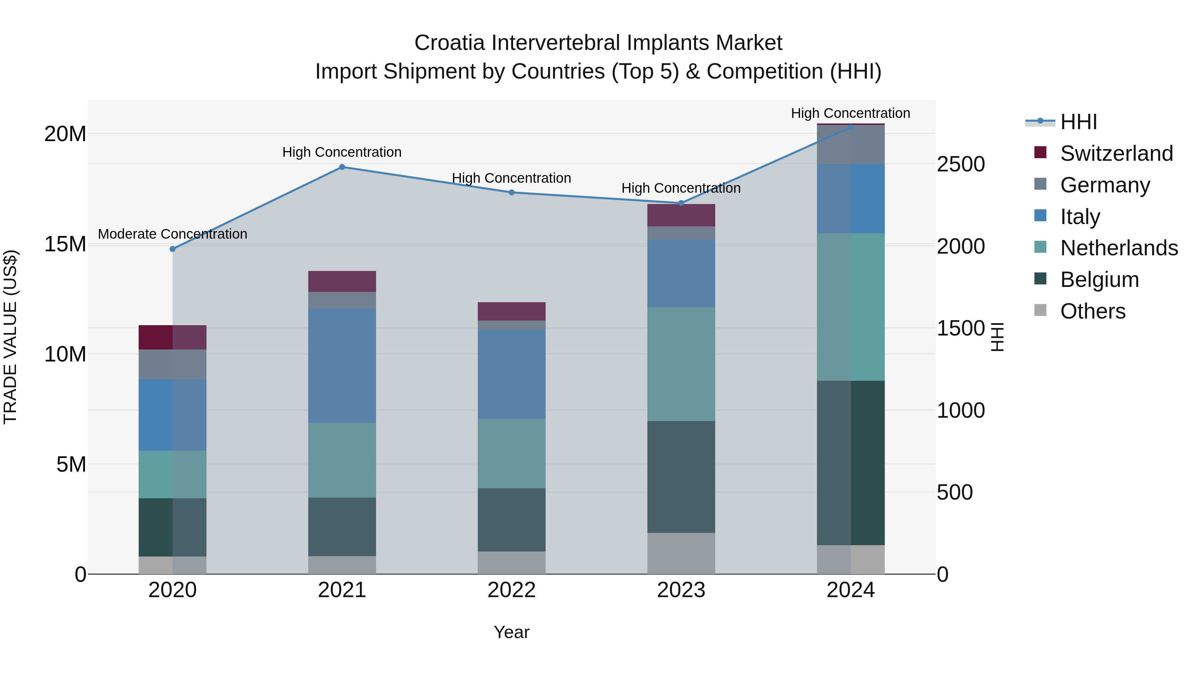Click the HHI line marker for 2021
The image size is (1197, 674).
[342, 167]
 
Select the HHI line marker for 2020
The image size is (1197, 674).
[172, 249]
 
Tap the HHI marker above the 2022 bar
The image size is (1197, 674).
[512, 192]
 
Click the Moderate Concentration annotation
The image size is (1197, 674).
[172, 234]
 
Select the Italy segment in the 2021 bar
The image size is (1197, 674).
[342, 365]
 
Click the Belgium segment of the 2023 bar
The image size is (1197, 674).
[681, 477]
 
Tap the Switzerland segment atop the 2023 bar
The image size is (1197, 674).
[681, 215]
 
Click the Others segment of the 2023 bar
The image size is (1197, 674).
[681, 553]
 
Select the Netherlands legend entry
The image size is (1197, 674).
[1119, 248]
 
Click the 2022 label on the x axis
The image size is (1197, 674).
[512, 590]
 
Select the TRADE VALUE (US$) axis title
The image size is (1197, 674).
[11, 337]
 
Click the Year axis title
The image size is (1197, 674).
[512, 632]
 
